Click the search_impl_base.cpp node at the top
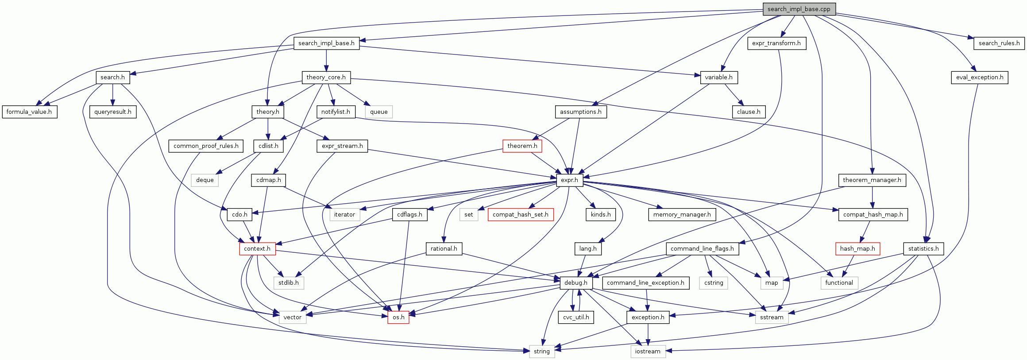(799, 9)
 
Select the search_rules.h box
(999, 43)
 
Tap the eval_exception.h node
(979, 77)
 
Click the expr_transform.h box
(776, 43)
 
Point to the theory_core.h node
(326, 77)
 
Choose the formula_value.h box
(29, 112)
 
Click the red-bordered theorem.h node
(522, 146)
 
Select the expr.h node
(569, 180)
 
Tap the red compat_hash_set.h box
(520, 214)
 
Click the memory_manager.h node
(682, 214)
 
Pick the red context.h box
(257, 248)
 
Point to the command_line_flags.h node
(702, 248)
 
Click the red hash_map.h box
(857, 248)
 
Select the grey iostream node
(648, 351)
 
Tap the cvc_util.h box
(576, 317)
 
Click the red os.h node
(398, 317)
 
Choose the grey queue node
(378, 112)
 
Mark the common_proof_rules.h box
(206, 146)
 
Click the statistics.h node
(923, 248)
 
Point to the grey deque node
(205, 180)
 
